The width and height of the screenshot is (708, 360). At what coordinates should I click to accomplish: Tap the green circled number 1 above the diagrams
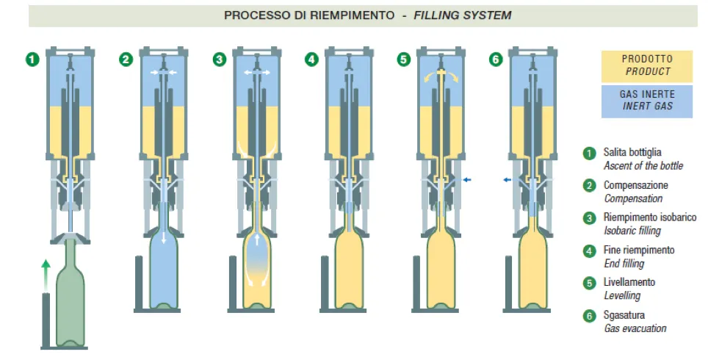pyautogui.click(x=31, y=59)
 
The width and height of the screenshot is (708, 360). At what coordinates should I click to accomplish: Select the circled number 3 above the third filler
pyautogui.click(x=219, y=59)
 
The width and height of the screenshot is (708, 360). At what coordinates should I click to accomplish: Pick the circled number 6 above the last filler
pyautogui.click(x=496, y=59)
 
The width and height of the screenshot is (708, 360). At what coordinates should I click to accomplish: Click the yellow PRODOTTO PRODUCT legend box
pyautogui.click(x=646, y=65)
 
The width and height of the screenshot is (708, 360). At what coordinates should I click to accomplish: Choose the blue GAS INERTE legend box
pyautogui.click(x=646, y=101)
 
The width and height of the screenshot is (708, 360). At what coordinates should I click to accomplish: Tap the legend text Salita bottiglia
pyautogui.click(x=637, y=153)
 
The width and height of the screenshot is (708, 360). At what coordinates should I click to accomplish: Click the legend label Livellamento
pyautogui.click(x=629, y=282)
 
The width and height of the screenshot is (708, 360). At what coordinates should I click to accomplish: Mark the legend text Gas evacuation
pyautogui.click(x=635, y=328)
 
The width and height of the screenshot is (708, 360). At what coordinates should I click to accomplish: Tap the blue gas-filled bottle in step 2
pyautogui.click(x=164, y=272)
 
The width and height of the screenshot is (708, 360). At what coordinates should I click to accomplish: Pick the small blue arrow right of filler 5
pyautogui.click(x=467, y=179)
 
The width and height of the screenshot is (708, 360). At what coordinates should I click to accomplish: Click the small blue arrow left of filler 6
pyautogui.click(x=507, y=179)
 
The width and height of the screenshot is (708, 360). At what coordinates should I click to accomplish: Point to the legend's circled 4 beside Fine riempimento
pyautogui.click(x=589, y=251)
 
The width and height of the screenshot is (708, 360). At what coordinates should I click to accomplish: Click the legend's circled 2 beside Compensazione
pyautogui.click(x=589, y=185)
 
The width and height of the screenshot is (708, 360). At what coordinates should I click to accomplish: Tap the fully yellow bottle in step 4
pyautogui.click(x=350, y=272)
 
